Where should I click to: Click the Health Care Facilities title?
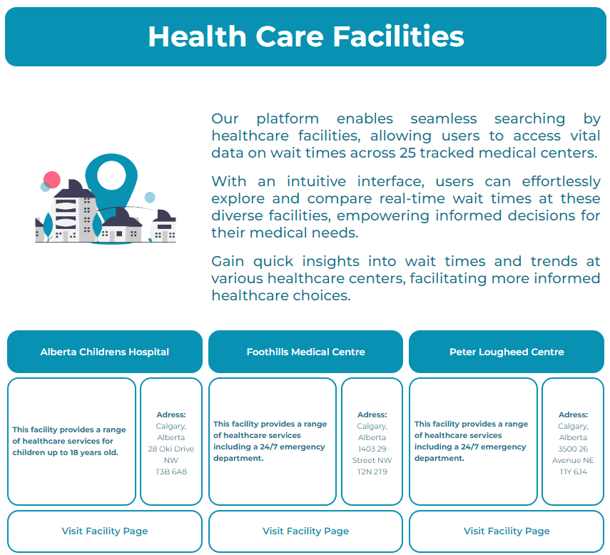click(x=306, y=36)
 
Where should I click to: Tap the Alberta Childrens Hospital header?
click(x=105, y=352)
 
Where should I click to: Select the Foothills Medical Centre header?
click(x=306, y=352)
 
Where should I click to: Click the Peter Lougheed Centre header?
click(x=507, y=352)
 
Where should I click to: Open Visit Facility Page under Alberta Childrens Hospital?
click(x=105, y=531)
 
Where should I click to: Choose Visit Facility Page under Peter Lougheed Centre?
click(x=507, y=531)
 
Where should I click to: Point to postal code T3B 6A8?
click(x=171, y=472)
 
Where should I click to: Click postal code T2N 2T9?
click(x=372, y=472)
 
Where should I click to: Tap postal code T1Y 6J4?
click(x=573, y=472)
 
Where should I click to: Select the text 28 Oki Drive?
click(x=171, y=449)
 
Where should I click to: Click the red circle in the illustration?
click(x=52, y=180)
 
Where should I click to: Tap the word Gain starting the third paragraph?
click(x=228, y=261)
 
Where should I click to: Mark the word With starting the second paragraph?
click(x=229, y=182)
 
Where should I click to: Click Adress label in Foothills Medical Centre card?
click(x=372, y=414)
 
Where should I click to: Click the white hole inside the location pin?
click(x=111, y=175)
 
